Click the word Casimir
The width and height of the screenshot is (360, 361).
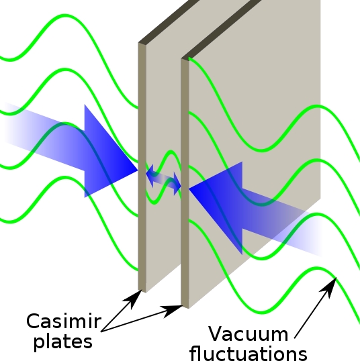64,321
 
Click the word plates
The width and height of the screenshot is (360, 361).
63,342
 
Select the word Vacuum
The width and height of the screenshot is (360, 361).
249,333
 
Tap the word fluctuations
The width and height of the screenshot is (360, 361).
249,353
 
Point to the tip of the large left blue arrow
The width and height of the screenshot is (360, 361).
138,170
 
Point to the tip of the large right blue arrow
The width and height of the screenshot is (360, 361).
189,189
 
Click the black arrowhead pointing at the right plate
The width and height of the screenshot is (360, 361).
172,311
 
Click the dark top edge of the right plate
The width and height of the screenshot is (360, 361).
221,30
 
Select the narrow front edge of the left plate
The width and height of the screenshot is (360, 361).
142,167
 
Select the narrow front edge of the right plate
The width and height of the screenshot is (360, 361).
185,183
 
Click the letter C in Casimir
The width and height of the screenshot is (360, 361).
34,321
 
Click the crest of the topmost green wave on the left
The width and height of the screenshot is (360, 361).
64,15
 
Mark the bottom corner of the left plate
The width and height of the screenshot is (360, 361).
146,293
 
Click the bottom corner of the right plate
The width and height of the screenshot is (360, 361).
189,308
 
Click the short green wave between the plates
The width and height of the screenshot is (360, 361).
164,177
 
